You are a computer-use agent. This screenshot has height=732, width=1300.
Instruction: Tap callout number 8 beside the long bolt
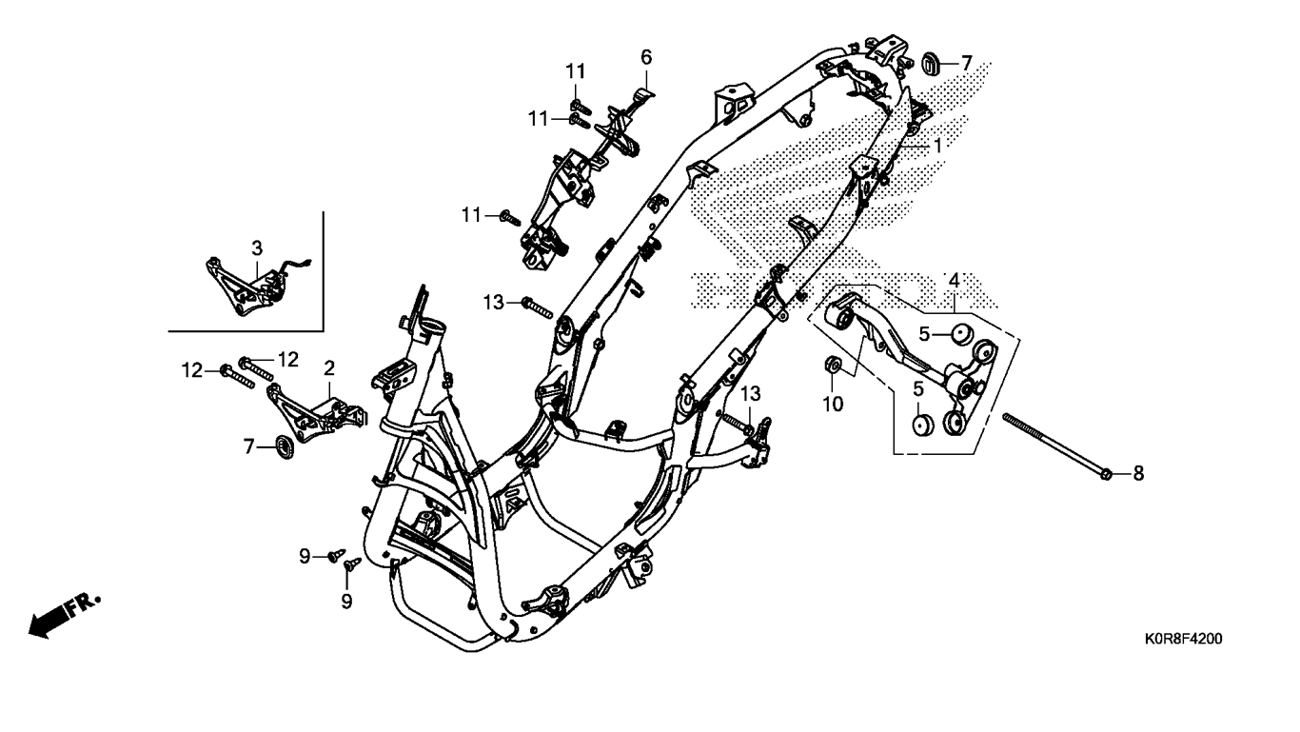click(1137, 473)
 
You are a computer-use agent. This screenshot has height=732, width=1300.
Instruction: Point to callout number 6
click(646, 57)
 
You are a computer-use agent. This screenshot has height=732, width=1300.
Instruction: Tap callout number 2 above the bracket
click(329, 367)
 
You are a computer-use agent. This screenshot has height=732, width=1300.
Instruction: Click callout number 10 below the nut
click(833, 405)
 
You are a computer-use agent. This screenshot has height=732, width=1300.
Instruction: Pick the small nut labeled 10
click(830, 364)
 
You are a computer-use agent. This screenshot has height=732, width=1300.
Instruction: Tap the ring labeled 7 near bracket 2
click(283, 445)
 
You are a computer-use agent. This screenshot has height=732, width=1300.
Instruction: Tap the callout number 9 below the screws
click(346, 601)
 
